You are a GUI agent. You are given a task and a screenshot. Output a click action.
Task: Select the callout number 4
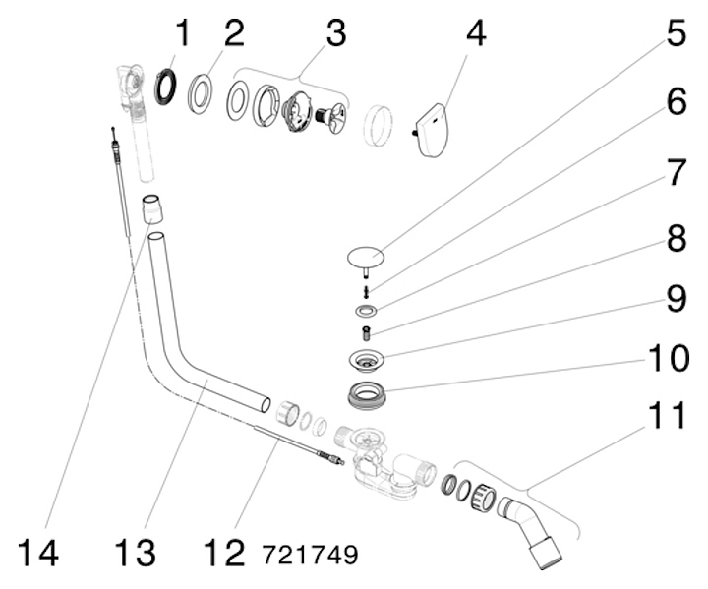coord(475,35)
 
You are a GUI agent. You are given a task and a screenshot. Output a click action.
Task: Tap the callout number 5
coord(676,35)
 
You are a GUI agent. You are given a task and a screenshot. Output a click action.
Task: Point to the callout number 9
coord(676,298)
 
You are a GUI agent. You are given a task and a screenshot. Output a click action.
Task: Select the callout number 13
coord(134,553)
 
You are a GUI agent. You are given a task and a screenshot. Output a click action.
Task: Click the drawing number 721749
coord(310,555)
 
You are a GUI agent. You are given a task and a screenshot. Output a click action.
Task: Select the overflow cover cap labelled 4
coord(430,130)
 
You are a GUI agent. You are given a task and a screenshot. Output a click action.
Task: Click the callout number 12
coord(224,553)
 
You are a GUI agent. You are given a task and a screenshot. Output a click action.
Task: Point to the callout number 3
coord(336,35)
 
